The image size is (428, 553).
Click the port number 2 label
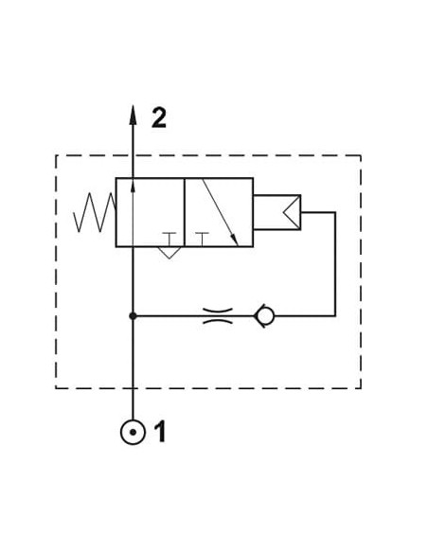pos(159,117)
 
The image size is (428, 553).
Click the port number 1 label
pos(160,431)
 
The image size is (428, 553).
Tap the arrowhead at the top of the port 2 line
pos(133,115)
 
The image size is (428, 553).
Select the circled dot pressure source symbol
pos(133,432)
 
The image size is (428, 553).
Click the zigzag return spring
pos(95,212)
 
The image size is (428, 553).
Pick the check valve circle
pos(265,315)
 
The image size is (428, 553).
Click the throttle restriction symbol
pos(218,315)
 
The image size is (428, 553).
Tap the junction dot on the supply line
pos(133,316)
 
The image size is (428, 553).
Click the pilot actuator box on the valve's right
pos(277,212)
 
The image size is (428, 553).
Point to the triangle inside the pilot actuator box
pos(292,212)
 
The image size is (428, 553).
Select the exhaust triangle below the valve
pos(169,253)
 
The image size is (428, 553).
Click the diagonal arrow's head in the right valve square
pos(235,240)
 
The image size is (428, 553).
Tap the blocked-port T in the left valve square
pos(169,240)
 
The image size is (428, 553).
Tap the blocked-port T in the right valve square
pos(202,240)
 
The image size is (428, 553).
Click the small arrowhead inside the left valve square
pos(133,187)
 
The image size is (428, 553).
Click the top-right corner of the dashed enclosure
pos(361,155)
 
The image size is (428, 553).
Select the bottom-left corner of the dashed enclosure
pos(56,388)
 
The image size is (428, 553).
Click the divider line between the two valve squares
pos(185,212)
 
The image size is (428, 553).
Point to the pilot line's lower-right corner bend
pos(335,315)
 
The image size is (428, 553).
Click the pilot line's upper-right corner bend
pos(335,212)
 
